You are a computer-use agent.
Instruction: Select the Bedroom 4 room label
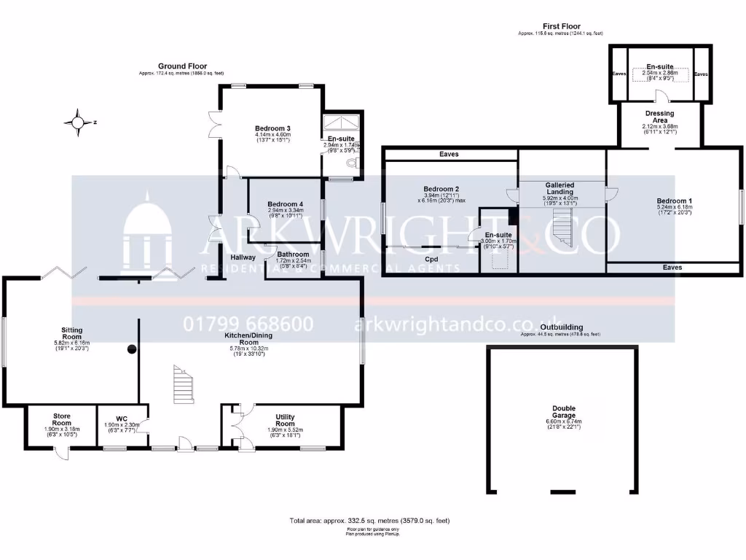point(285,204)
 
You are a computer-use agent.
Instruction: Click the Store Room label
point(61,419)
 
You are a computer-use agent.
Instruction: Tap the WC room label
point(122,419)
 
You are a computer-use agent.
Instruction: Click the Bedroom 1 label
point(674,201)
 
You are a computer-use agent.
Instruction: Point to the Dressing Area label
point(660,117)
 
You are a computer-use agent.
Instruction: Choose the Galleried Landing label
point(559,189)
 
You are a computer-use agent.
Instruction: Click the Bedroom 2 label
point(441,189)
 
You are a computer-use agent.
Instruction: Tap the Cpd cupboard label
point(431,258)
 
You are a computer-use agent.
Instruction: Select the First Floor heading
point(561,26)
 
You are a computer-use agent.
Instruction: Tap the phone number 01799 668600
point(248,324)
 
